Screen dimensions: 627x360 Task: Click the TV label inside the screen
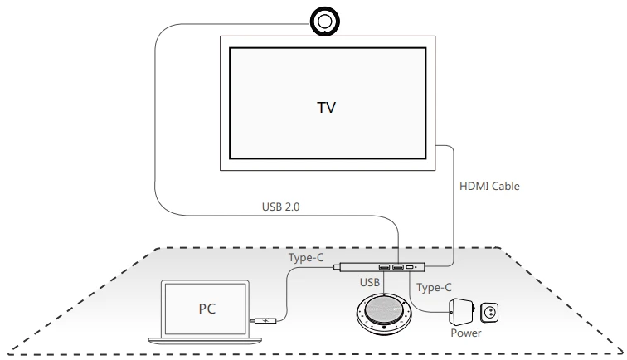point(326,108)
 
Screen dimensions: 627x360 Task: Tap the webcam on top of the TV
point(325,22)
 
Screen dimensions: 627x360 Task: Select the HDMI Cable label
point(489,186)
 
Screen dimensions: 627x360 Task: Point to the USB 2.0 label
point(280,207)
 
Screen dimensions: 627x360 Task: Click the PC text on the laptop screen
point(207,309)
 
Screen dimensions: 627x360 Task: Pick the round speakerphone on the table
point(383,314)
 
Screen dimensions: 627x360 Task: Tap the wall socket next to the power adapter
point(489,312)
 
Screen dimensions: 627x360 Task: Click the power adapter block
point(461,312)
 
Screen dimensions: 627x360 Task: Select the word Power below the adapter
point(466,333)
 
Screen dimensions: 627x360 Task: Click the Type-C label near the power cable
point(434,288)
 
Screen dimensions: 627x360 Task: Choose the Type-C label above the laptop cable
point(306,258)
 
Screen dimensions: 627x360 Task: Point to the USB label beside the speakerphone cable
point(370,282)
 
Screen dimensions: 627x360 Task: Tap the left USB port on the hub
point(384,267)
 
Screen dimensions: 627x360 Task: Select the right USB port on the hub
point(398,267)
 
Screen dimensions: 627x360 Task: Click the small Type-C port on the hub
point(410,267)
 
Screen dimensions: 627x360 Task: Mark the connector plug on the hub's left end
point(336,267)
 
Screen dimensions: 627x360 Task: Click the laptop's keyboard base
point(205,341)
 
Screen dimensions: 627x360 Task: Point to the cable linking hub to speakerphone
point(384,282)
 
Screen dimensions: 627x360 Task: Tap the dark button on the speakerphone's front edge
point(384,328)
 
